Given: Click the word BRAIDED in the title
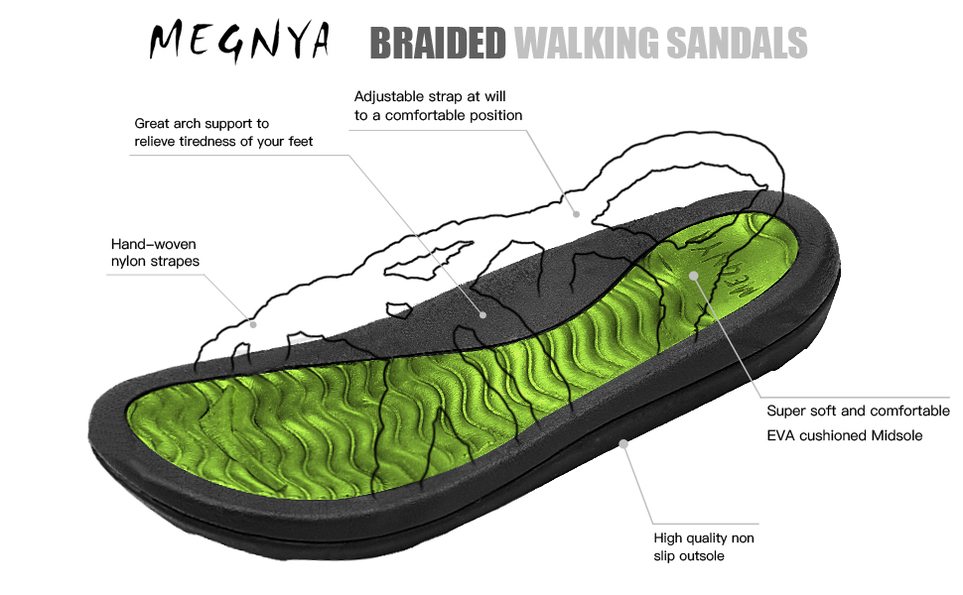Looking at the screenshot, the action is click(437, 43).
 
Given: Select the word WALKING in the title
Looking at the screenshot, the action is click(585, 43).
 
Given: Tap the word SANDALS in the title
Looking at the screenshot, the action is click(736, 43).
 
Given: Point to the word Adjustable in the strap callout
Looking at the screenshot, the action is click(389, 96).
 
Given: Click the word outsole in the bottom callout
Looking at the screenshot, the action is click(700, 556).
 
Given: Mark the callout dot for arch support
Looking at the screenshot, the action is click(483, 313).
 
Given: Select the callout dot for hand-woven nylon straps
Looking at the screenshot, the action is click(253, 323).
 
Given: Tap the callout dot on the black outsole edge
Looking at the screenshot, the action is click(623, 444).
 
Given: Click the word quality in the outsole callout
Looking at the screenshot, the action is click(708, 538).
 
